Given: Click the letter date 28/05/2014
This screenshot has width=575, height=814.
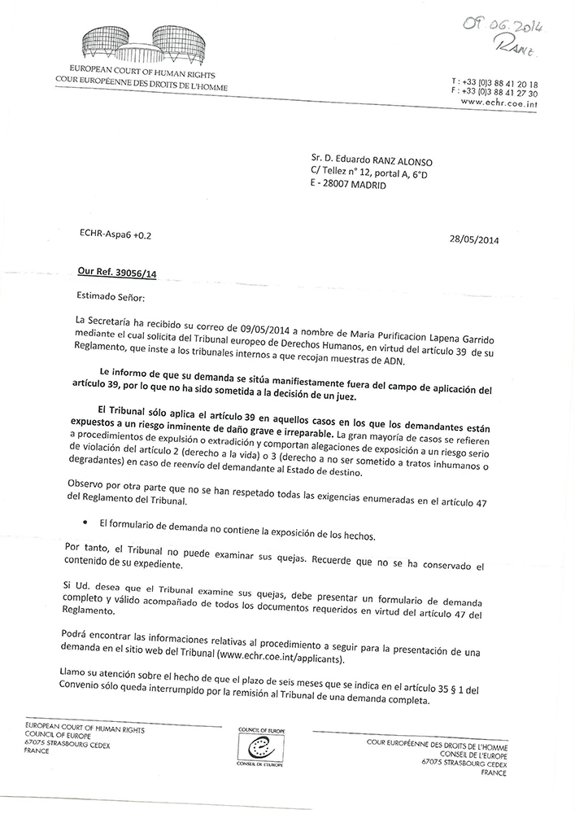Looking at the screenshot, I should click(473, 239).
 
